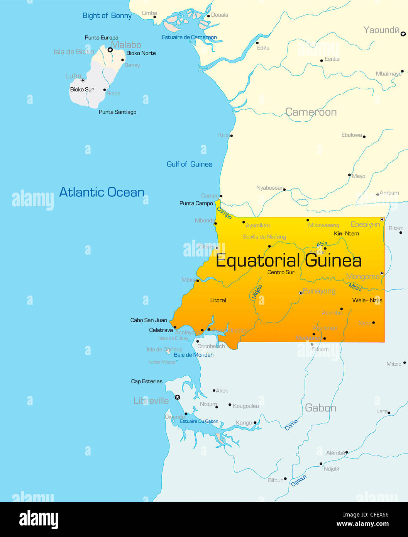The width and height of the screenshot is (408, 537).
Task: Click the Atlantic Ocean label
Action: point(102,192)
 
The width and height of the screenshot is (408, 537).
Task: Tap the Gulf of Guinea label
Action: point(190,164)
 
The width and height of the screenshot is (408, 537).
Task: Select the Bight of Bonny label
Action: point(107,16)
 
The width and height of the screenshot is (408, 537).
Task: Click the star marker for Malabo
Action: point(110,50)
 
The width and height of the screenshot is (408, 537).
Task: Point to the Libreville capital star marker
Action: point(178,397)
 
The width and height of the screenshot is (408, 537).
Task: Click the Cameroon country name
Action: point(311,112)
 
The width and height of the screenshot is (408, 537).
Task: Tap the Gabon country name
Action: point(320,408)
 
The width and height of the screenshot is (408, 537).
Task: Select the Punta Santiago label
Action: point(117,112)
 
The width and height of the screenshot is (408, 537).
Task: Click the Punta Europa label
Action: point(102,37)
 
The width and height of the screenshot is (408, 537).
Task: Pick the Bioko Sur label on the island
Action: point(82,89)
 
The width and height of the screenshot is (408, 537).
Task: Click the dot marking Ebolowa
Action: point(364,136)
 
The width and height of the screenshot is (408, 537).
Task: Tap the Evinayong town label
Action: point(319,291)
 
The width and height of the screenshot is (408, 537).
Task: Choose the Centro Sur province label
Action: point(281,272)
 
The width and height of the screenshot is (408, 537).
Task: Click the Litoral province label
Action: point(218,300)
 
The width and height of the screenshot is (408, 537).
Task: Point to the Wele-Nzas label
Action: point(367,300)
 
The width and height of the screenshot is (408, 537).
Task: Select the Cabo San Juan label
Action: point(149,320)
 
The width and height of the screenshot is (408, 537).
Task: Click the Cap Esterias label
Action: point(147,381)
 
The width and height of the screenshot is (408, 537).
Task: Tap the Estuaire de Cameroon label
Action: point(189,37)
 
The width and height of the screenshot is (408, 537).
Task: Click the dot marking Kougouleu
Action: point(230,405)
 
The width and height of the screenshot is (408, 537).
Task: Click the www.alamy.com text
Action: point(362,524)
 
